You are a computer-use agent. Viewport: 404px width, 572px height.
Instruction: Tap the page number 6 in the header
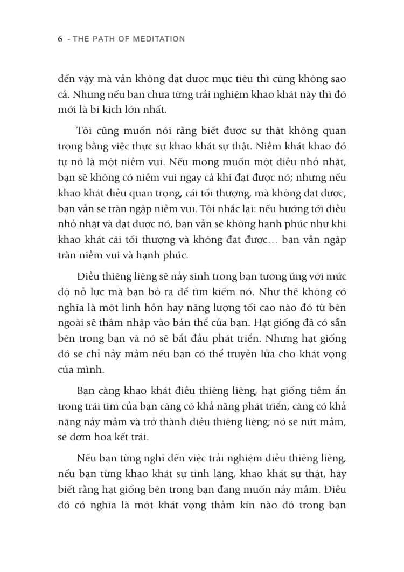(60, 39)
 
